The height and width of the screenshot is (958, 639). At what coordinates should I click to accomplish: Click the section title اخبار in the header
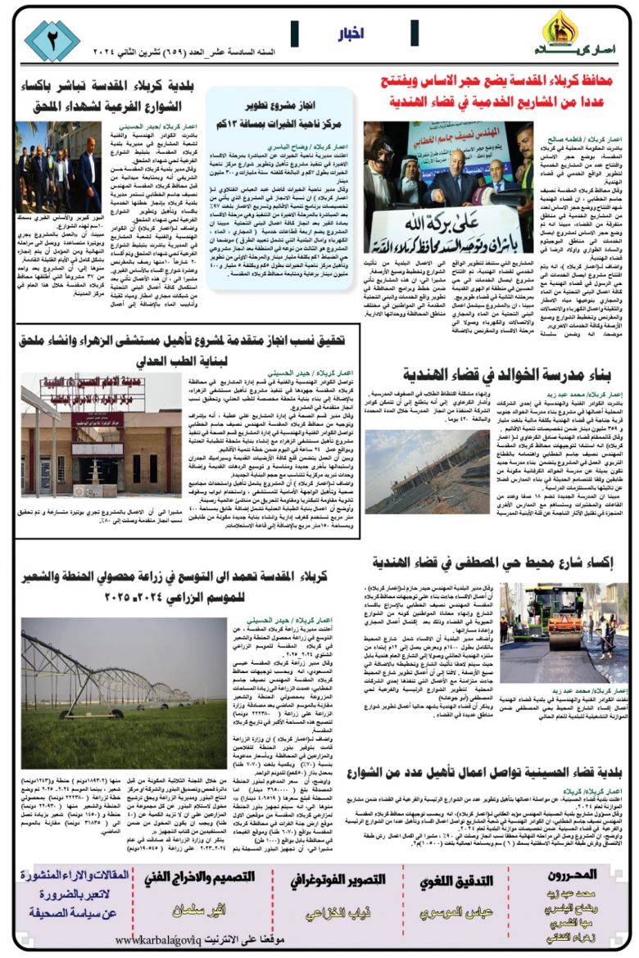pyautogui.click(x=351, y=35)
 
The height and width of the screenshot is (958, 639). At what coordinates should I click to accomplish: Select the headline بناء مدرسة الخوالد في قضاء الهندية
pyautogui.click(x=509, y=375)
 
